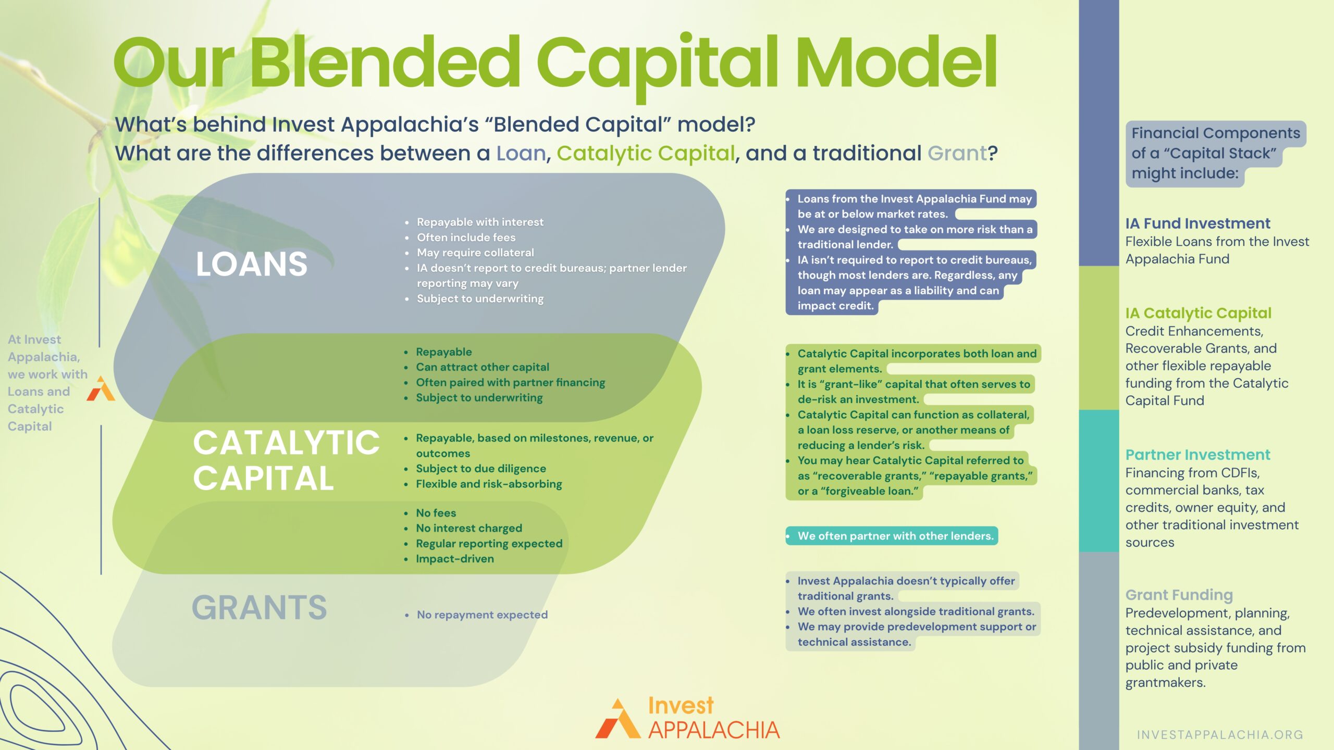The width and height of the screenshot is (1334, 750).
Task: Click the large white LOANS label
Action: pyautogui.click(x=251, y=264)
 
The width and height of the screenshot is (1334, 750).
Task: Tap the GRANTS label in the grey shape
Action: pyautogui.click(x=259, y=607)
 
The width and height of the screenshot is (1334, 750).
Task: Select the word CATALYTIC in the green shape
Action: pyautogui.click(x=286, y=443)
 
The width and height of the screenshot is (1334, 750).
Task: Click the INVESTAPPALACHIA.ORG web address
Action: pyautogui.click(x=1220, y=734)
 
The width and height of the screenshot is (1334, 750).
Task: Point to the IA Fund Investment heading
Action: pyautogui.click(x=1197, y=223)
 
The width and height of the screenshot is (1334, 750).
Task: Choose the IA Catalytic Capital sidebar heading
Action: pyautogui.click(x=1199, y=313)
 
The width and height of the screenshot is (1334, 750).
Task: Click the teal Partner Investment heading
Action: pyautogui.click(x=1197, y=455)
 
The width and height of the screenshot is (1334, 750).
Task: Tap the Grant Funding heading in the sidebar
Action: pyautogui.click(x=1179, y=595)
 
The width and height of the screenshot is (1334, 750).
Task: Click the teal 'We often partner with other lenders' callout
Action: pyautogui.click(x=892, y=536)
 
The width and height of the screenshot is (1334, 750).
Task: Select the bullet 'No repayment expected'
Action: pyautogui.click(x=482, y=615)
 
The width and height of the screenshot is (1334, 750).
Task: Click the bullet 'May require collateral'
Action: pyautogui.click(x=475, y=253)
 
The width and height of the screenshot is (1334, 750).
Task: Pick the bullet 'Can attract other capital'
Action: pyautogui.click(x=482, y=367)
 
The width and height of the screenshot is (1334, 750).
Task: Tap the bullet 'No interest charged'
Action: pyautogui.click(x=468, y=528)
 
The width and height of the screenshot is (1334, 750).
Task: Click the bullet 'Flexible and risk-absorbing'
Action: pyautogui.click(x=488, y=484)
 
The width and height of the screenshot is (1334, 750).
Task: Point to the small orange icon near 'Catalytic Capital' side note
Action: pyautogui.click(x=101, y=389)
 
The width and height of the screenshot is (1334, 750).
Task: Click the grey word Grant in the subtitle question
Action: pyautogui.click(x=957, y=153)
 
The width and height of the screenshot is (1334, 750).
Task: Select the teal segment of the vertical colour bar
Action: pyautogui.click(x=1098, y=481)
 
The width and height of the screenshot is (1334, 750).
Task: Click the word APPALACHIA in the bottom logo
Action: pyautogui.click(x=714, y=730)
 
